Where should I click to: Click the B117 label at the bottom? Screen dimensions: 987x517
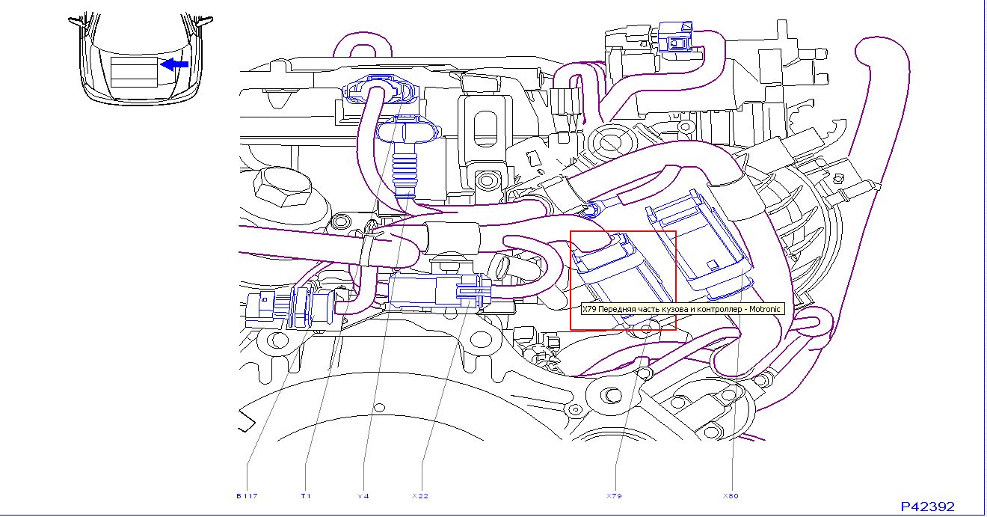(247, 496)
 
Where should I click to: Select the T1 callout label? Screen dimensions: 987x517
(305, 496)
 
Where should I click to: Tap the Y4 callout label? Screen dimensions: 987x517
(363, 496)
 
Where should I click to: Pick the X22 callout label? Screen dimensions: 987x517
(420, 496)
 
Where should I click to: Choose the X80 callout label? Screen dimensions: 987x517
(730, 496)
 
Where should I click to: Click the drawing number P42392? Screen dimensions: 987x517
(927, 507)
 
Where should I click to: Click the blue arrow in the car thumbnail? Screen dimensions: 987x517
(175, 64)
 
